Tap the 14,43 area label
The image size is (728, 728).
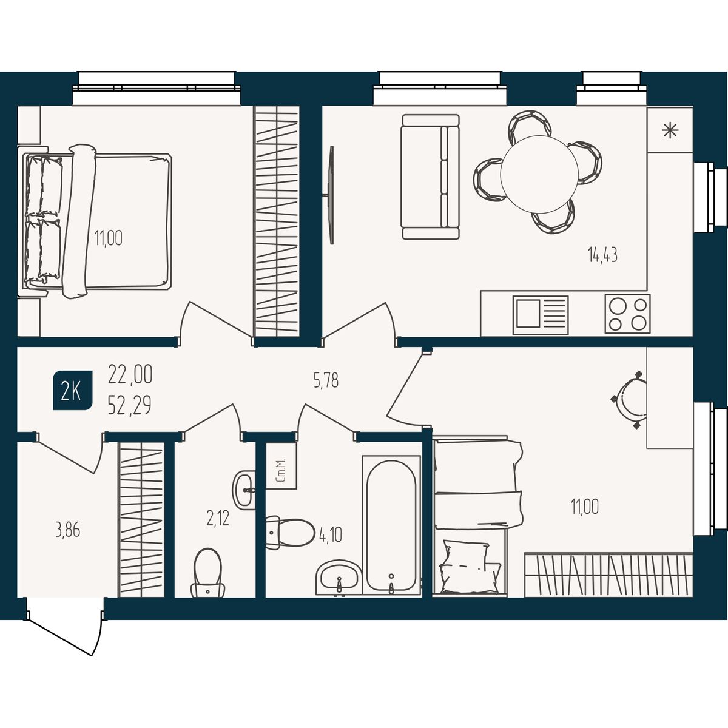602,255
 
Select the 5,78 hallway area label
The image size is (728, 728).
326,381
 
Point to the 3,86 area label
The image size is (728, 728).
67,531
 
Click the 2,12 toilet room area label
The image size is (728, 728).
218,518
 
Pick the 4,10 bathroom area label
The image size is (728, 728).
331,534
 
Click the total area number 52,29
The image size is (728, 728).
130,406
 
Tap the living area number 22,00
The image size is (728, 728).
130,374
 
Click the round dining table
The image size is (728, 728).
539,174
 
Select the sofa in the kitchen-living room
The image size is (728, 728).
431,177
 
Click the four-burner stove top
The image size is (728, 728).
627,314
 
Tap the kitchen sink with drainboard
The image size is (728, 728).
541,315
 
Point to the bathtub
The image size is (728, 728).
391,525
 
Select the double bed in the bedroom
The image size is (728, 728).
98,221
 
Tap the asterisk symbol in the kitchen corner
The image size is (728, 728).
670,130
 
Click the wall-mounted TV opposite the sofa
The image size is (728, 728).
331,195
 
